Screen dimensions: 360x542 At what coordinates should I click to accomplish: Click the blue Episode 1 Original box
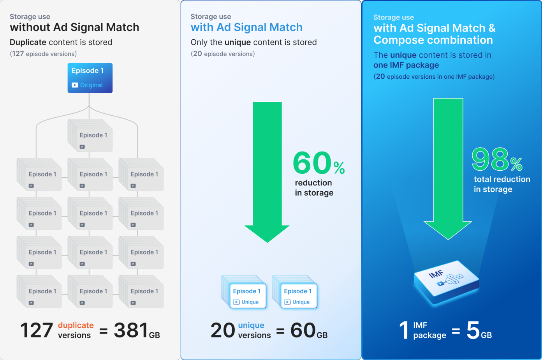(90, 78)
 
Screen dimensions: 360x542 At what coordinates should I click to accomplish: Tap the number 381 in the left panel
(131, 330)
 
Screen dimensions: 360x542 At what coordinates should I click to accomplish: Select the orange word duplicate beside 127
(76, 325)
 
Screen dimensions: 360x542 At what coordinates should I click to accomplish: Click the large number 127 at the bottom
(36, 330)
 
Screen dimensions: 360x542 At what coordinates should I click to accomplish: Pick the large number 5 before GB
(473, 330)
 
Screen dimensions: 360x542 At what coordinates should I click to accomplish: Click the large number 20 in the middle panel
(223, 330)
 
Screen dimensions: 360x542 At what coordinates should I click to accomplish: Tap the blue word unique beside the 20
(251, 325)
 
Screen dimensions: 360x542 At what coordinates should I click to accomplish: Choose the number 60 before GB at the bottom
(303, 330)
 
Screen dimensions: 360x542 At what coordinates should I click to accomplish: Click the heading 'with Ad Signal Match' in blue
(246, 27)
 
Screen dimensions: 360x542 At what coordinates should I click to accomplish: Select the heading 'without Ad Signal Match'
(74, 27)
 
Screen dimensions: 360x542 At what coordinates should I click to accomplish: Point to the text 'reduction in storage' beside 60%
(314, 188)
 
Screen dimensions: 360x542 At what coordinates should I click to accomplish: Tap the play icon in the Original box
(75, 85)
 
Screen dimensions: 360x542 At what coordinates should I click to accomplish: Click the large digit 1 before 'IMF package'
(404, 330)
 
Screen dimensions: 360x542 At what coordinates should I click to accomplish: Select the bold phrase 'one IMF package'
(406, 65)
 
